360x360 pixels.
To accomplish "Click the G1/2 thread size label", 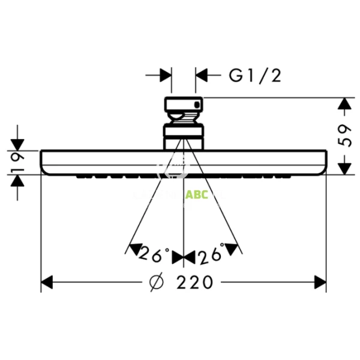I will [254, 75].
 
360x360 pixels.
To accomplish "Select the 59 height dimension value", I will [344, 136].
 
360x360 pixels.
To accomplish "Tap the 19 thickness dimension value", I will [17, 162].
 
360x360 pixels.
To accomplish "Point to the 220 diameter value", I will [194, 282].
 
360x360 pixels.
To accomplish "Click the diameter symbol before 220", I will [155, 282].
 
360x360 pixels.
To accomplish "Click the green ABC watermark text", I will [196, 194].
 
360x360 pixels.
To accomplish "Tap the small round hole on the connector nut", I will [194, 107].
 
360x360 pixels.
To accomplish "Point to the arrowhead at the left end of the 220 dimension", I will [48, 282].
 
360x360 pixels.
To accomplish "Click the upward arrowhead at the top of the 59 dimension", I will [344, 105].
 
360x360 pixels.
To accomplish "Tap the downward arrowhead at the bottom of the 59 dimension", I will [344, 169].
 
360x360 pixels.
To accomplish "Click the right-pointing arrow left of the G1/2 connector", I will [166, 75].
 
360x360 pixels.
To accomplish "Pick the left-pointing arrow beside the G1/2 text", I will [203, 75].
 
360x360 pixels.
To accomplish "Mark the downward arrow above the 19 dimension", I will [17, 143].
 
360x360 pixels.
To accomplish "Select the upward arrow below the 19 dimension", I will [17, 181].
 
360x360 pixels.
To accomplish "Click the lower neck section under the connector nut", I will [184, 136].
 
